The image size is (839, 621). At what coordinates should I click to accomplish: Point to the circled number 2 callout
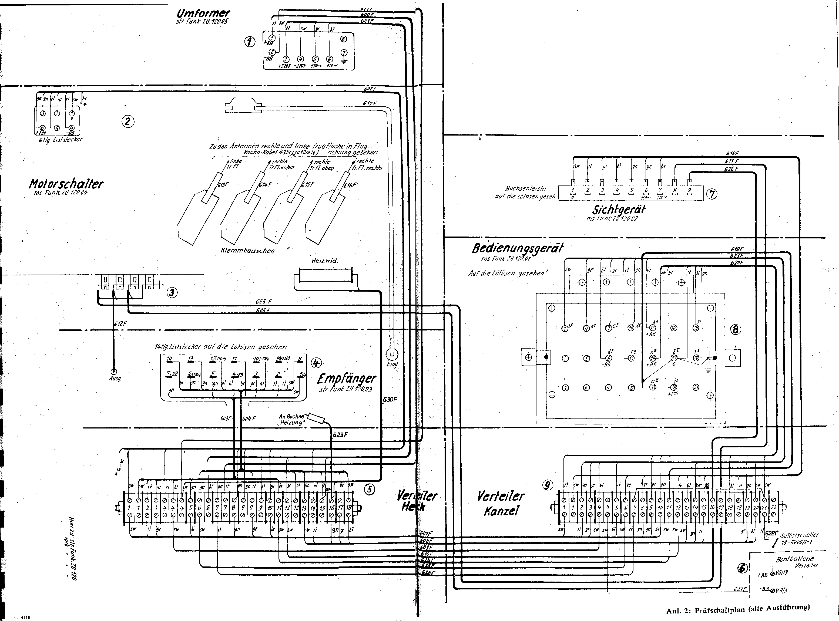(x=128, y=121)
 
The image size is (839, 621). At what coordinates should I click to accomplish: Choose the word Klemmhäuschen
(x=247, y=250)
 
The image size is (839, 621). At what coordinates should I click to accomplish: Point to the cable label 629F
(x=340, y=435)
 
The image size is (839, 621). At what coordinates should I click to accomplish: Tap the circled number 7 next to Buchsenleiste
(x=712, y=194)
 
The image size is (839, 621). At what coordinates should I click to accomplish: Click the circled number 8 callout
(x=735, y=330)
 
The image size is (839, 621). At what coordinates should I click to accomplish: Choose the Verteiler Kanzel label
(x=501, y=504)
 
